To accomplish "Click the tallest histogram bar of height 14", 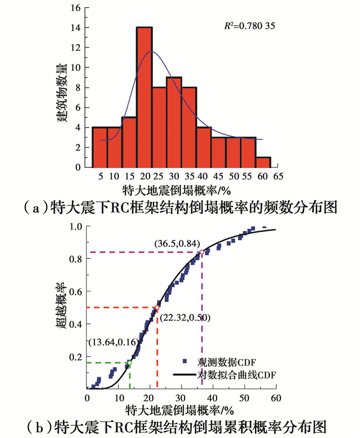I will click(x=144, y=97).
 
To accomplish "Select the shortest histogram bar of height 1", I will click(x=263, y=162).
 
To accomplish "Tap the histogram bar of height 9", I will click(x=174, y=122).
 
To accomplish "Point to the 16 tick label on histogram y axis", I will click(x=76, y=9).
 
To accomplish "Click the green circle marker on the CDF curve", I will click(x=130, y=363).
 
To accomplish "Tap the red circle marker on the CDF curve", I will click(x=157, y=308).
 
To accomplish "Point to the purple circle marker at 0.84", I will click(x=202, y=252).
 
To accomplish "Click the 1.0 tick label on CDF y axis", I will click(x=76, y=226).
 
